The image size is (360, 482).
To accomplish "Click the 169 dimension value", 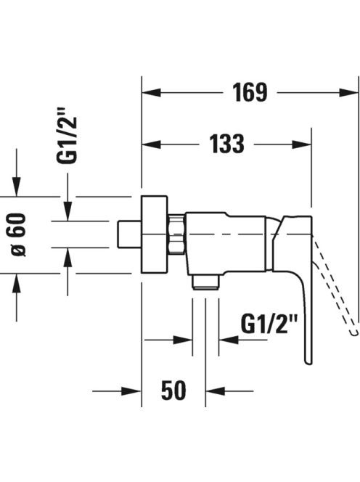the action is click(250, 92).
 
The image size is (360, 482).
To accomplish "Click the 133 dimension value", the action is click(227, 144).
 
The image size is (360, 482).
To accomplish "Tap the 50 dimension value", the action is click(173, 391).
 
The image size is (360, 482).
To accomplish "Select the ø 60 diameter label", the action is click(18, 234).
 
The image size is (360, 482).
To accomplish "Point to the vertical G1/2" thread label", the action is click(66, 136).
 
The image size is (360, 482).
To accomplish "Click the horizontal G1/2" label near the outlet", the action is click(269, 324).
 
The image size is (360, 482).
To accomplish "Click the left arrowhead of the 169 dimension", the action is click(152, 92).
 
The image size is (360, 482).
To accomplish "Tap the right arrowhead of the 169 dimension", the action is click(349, 92).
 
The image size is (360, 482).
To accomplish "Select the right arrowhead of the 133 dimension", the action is click(302, 144).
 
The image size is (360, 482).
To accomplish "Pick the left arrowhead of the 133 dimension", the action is click(152, 144).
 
